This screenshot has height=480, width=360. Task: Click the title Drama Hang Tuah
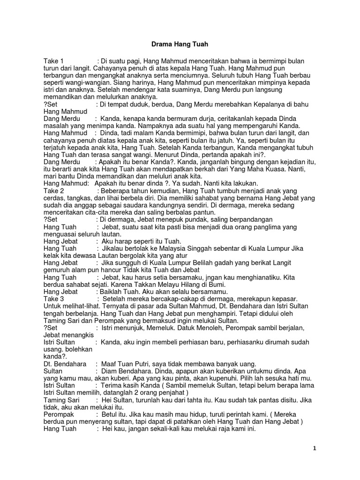[x=179, y=45]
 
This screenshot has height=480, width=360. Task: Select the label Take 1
[x=53, y=61]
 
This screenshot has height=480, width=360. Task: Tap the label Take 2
[x=53, y=191]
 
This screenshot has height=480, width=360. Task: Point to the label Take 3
[x=53, y=299]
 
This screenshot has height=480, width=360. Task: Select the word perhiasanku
[x=239, y=342]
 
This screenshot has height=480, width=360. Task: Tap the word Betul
[x=110, y=414]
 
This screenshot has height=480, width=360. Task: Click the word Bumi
[x=217, y=285]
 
